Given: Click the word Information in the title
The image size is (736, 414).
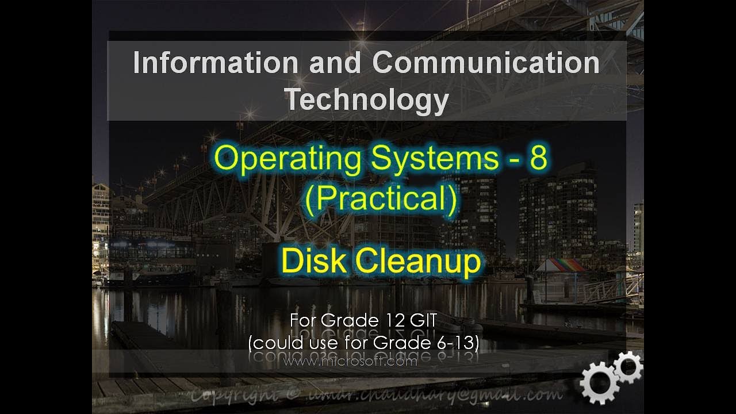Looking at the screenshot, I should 215,63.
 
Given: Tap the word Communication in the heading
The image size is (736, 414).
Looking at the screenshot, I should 486,63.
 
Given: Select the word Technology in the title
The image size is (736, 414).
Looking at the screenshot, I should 367,99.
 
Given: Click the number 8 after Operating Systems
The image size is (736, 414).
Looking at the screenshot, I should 538,158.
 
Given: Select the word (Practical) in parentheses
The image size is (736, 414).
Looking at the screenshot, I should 381,200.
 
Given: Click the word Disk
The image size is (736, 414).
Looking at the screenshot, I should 313,262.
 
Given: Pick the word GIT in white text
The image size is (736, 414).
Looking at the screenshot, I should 425,320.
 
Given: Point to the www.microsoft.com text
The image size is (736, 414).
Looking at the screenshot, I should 350,362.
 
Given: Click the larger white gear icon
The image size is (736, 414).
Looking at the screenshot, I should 599,384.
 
